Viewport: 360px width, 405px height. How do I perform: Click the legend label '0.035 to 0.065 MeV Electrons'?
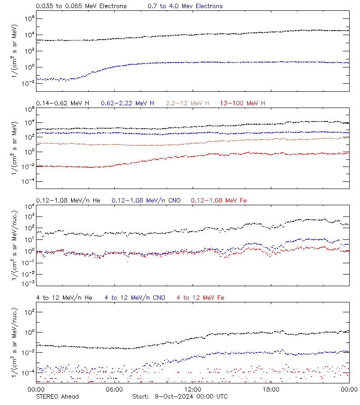81,6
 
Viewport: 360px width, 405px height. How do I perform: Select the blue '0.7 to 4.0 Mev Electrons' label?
185,6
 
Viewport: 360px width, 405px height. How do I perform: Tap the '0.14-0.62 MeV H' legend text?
63,103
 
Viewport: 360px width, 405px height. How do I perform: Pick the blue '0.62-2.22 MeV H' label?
127,103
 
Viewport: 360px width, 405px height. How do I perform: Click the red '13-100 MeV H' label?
243,103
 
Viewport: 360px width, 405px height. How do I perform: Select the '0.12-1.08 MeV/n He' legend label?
70,200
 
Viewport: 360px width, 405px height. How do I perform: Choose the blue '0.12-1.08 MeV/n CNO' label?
146,200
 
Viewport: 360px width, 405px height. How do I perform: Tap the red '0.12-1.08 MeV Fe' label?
219,200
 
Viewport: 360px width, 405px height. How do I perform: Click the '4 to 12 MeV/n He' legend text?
64,297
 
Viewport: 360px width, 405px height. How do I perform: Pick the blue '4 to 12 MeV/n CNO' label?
135,297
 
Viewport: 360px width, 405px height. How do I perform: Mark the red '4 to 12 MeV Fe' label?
200,297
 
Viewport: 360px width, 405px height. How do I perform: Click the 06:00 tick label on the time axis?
114,389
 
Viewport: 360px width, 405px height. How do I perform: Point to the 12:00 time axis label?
193,389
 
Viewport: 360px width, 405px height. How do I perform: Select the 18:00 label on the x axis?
271,389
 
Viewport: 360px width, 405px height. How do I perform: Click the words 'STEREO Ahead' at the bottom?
57,396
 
